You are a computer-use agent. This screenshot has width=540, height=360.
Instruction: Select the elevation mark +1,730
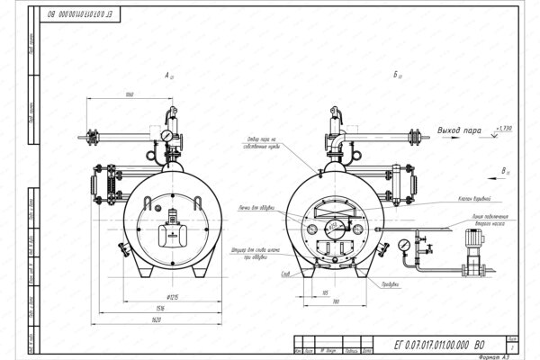[x=509, y=129]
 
